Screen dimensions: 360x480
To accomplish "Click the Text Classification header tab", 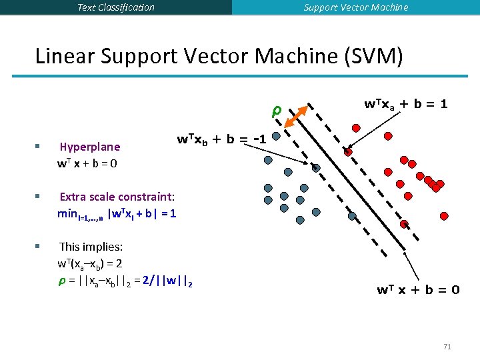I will [116, 7].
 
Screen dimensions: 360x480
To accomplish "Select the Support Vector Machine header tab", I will [356, 7].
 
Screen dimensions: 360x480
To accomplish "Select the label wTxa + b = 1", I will [405, 105].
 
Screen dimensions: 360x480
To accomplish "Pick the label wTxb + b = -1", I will [222, 139].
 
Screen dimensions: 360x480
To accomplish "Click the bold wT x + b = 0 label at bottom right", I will [418, 289].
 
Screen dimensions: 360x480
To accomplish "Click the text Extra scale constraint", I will [117, 197].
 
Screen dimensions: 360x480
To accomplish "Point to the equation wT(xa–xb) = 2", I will [90, 263].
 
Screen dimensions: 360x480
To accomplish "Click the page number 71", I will [447, 347].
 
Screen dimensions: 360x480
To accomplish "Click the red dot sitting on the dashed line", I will [348, 152].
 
